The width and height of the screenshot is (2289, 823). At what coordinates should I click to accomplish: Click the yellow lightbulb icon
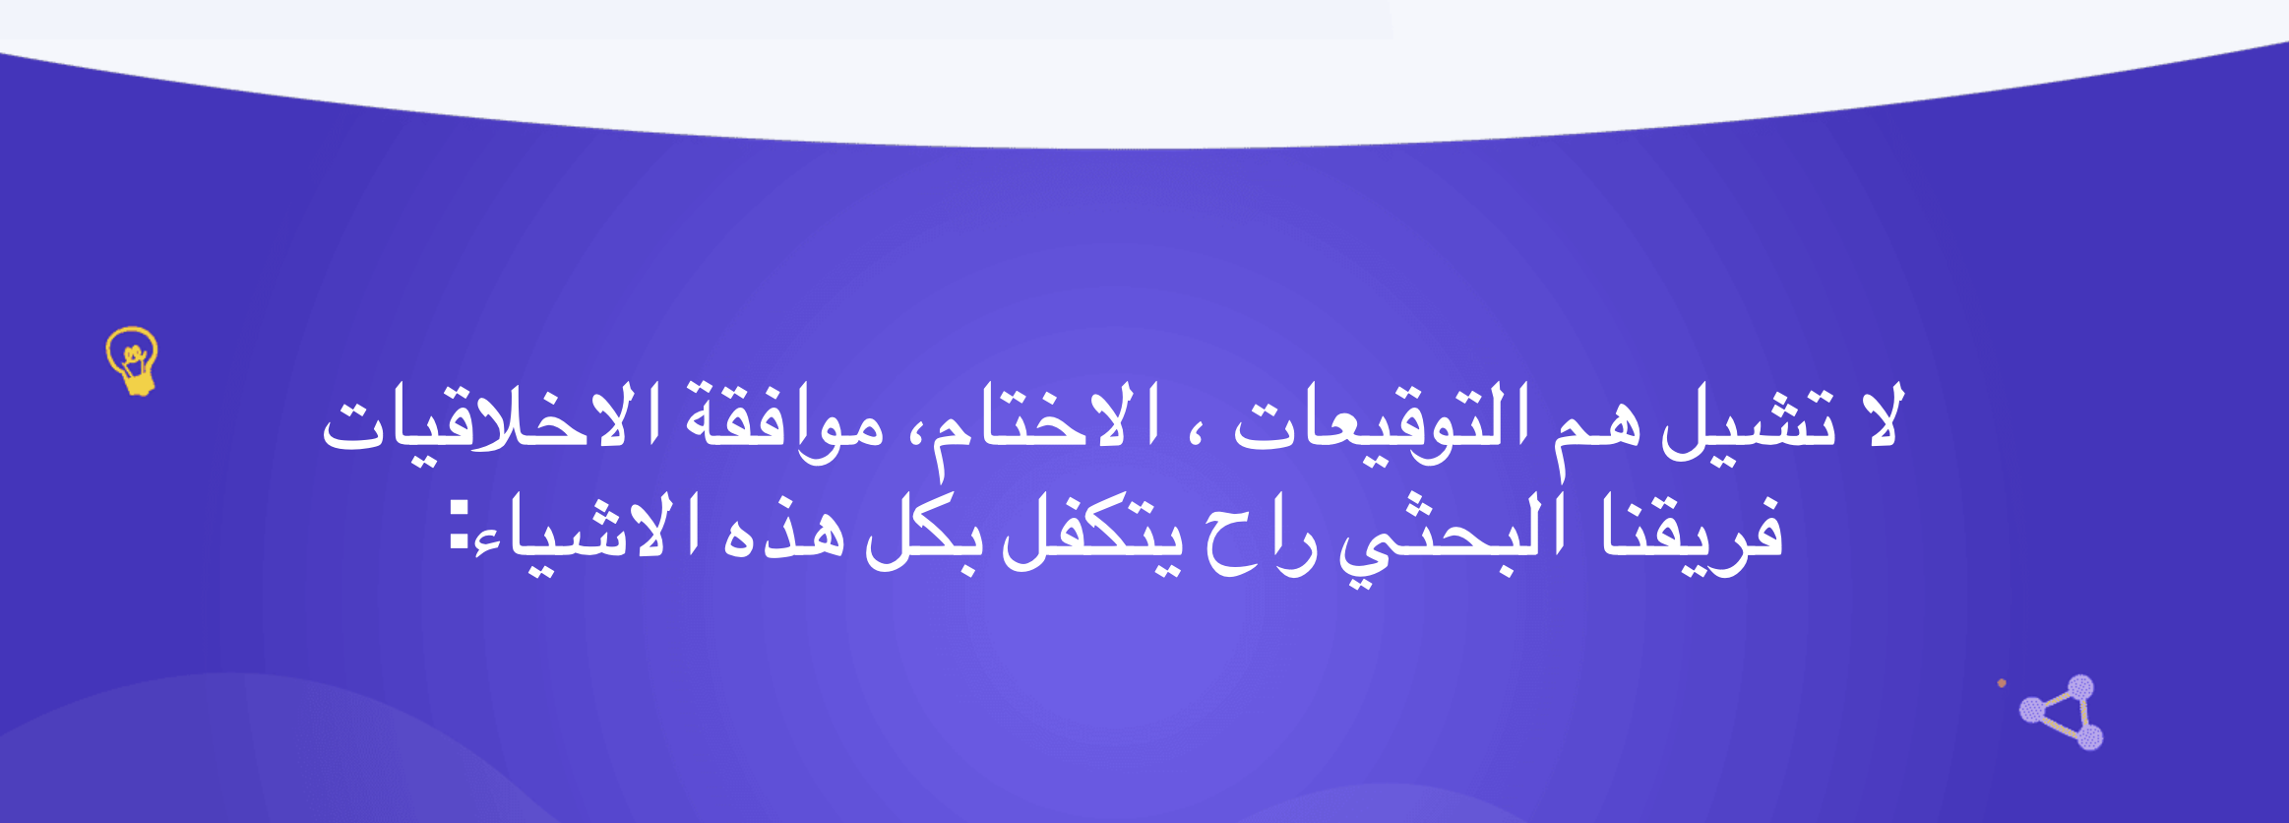pyautogui.click(x=133, y=361)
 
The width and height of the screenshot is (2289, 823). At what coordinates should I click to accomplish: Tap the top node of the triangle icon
pyautogui.click(x=2080, y=688)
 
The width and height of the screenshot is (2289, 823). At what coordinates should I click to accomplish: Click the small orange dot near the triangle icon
pyautogui.click(x=2002, y=683)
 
